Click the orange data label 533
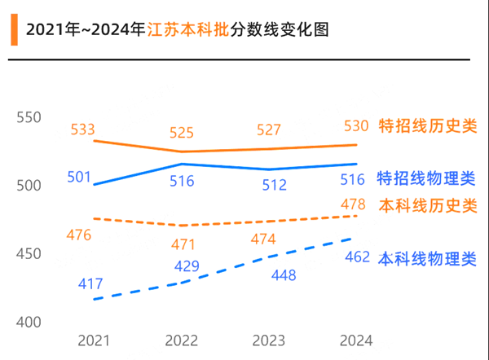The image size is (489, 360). (83, 130)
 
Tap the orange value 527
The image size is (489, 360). (267, 130)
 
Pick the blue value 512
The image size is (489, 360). (275, 186)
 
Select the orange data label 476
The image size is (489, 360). (79, 235)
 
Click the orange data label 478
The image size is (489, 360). (352, 204)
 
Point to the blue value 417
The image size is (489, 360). (90, 284)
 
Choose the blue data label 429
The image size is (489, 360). (187, 266)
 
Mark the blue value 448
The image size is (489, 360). (283, 275)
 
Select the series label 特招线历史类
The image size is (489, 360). (428, 126)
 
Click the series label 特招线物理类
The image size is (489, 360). (426, 178)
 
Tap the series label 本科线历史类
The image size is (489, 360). (428, 206)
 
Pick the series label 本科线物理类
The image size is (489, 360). (426, 258)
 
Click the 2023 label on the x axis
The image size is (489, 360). (268, 340)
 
